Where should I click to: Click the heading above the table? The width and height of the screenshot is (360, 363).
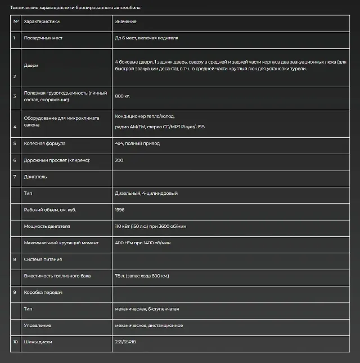tap(76, 8)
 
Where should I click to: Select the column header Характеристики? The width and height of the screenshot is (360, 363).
tap(42, 21)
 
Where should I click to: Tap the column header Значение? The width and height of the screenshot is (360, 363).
tap(125, 21)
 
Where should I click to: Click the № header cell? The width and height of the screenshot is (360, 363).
tap(16, 21)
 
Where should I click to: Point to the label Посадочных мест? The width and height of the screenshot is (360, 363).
tap(43, 38)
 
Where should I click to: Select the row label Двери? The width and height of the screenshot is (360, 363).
tap(31, 65)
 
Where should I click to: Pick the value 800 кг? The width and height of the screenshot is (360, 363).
tap(122, 96)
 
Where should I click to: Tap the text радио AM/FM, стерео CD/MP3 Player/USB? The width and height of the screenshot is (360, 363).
tap(159, 127)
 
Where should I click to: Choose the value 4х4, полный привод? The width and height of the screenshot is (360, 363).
tap(137, 144)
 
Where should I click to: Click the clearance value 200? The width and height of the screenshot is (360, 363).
tap(119, 160)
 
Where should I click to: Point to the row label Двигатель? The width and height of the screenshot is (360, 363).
tap(35, 177)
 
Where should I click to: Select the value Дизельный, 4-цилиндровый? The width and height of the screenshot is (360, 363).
tap(146, 194)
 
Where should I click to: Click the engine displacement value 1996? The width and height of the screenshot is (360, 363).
tap(120, 210)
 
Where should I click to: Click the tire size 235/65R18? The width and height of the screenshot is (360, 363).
tap(126, 342)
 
